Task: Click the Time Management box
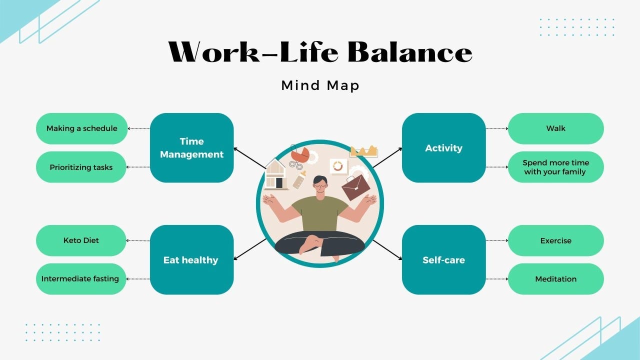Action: pyautogui.click(x=191, y=147)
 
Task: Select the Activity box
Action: pyautogui.click(x=443, y=147)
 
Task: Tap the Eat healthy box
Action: pyautogui.click(x=191, y=259)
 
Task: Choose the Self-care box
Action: pyautogui.click(x=443, y=259)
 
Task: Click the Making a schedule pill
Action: pyautogui.click(x=82, y=128)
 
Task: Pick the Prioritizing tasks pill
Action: pyautogui.click(x=82, y=167)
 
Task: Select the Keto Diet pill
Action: pyautogui.click(x=82, y=240)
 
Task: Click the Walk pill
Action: pyautogui.click(x=555, y=128)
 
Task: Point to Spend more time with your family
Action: pyautogui.click(x=555, y=167)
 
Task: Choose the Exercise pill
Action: pyautogui.click(x=555, y=240)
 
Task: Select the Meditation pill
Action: pyautogui.click(x=555, y=279)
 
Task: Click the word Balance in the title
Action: pyautogui.click(x=409, y=52)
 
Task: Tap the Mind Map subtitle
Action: pyautogui.click(x=320, y=85)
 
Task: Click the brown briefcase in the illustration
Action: pyautogui.click(x=355, y=187)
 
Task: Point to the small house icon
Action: pyautogui.click(x=276, y=174)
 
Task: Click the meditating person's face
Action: pyautogui.click(x=319, y=185)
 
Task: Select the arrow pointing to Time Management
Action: pyautogui.click(x=250, y=158)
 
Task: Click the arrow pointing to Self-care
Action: pyautogui.click(x=387, y=249)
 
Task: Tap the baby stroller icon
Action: pyautogui.click(x=299, y=156)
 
